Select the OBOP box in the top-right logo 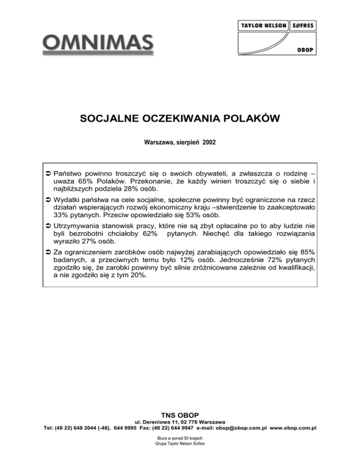click(x=305, y=50)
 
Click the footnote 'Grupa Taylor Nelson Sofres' click(x=180, y=443)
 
